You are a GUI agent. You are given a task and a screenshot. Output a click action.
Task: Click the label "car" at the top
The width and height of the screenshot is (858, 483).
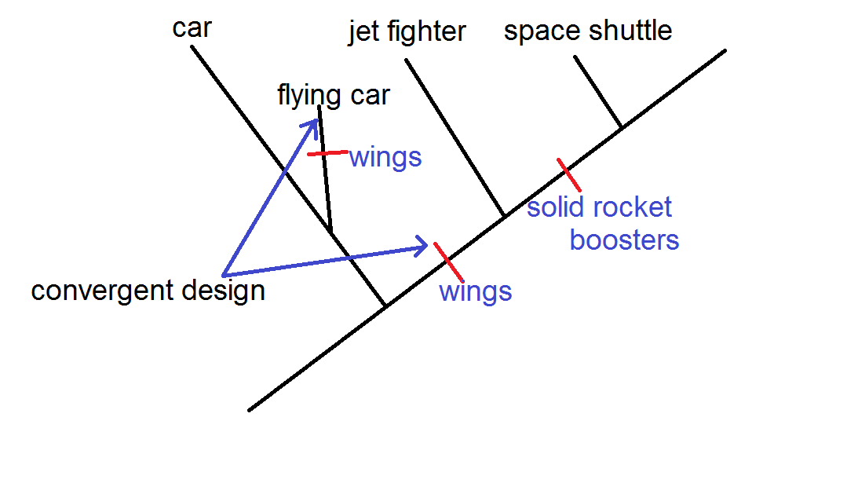pyautogui.click(x=192, y=29)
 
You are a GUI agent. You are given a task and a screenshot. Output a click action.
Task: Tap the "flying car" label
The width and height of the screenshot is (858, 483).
pyautogui.click(x=334, y=96)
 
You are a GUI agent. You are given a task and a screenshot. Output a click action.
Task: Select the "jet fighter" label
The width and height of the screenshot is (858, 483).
pyautogui.click(x=407, y=32)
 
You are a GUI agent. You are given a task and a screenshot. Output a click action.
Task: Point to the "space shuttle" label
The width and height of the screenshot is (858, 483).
pyautogui.click(x=588, y=31)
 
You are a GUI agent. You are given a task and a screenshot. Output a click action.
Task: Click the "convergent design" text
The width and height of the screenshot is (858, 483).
pyautogui.click(x=148, y=291)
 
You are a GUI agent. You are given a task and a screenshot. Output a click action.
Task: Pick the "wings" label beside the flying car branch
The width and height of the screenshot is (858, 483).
pyautogui.click(x=385, y=157)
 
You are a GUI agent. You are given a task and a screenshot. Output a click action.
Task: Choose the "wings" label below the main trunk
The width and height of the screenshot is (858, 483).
pyautogui.click(x=475, y=291)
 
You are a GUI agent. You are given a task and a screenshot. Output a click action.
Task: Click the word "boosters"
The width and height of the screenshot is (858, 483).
pyautogui.click(x=624, y=240)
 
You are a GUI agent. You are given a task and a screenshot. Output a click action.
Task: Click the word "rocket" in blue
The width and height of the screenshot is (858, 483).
pyautogui.click(x=633, y=208)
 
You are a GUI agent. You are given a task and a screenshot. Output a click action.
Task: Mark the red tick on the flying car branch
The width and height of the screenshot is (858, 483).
pyautogui.click(x=327, y=153)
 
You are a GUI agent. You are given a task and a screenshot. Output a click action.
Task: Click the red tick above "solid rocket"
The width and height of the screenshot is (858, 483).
pyautogui.click(x=569, y=174)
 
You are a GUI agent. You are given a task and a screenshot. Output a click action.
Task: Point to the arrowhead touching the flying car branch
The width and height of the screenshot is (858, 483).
pyautogui.click(x=314, y=124)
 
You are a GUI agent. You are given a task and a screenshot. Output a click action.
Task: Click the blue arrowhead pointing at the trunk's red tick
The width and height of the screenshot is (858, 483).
pyautogui.click(x=422, y=247)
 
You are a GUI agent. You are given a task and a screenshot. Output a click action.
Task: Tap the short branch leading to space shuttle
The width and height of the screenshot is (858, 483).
pyautogui.click(x=598, y=92)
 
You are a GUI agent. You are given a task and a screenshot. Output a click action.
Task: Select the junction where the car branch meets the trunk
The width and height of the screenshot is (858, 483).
pyautogui.click(x=385, y=306)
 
